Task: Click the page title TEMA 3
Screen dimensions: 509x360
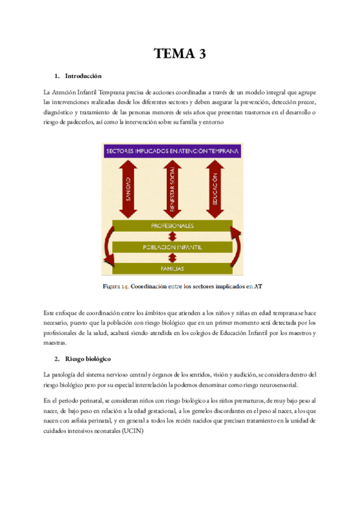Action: [179, 54]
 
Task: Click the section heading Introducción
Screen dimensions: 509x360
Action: [83, 77]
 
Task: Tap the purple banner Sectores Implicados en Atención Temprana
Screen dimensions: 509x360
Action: [172, 149]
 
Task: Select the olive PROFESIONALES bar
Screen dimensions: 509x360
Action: [172, 226]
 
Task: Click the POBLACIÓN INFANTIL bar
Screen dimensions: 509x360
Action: [172, 247]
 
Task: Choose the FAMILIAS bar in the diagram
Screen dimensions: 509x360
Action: [172, 268]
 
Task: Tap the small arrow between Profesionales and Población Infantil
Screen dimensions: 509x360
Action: [172, 237]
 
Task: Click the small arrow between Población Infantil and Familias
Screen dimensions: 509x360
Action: [172, 258]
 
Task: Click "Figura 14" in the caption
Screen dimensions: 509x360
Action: [118, 286]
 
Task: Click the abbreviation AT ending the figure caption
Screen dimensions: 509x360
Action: [258, 286]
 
